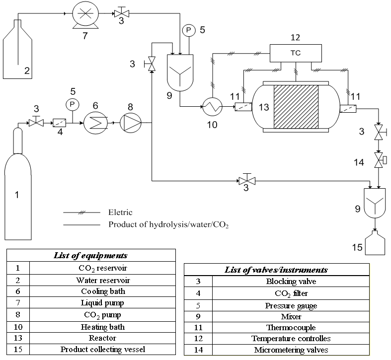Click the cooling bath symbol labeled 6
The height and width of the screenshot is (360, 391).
92,121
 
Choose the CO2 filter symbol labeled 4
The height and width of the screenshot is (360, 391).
60,121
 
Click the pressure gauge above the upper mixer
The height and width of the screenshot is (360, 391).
188,30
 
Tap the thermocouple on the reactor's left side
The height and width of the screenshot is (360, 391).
242,106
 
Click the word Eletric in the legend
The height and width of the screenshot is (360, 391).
121,213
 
